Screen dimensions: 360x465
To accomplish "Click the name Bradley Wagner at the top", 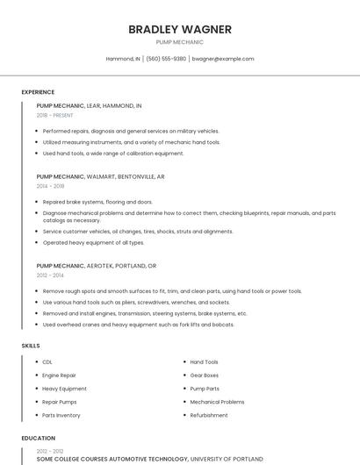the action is [x=180, y=29].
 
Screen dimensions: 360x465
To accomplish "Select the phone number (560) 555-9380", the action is [x=166, y=59].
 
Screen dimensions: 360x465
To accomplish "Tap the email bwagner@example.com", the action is [x=223, y=59].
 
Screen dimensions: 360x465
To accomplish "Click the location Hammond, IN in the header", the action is [x=123, y=59].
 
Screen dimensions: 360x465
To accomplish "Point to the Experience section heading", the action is [x=38, y=92].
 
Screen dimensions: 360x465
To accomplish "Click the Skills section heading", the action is [x=31, y=346].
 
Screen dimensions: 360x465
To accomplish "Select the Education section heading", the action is [x=39, y=438].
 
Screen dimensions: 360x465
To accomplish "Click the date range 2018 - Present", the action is [x=54, y=115].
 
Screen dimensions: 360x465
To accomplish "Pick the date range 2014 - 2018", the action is [x=51, y=186].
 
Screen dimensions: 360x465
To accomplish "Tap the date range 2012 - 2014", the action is [x=50, y=275].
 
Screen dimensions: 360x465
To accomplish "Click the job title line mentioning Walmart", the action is [x=100, y=176].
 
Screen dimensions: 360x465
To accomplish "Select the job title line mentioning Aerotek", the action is [x=97, y=265].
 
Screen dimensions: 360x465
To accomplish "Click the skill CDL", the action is [x=47, y=361].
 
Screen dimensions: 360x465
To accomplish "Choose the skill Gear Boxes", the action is [x=205, y=375].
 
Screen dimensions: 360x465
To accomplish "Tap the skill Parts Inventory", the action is [x=61, y=415].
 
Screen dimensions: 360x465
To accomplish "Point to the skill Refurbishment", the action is [x=209, y=415].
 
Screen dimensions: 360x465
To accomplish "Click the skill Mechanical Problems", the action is [x=217, y=402].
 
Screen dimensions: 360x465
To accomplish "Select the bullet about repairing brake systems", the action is [x=97, y=202].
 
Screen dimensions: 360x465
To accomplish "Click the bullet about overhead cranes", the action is [x=139, y=325].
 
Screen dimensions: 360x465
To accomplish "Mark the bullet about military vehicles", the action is [x=131, y=131].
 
